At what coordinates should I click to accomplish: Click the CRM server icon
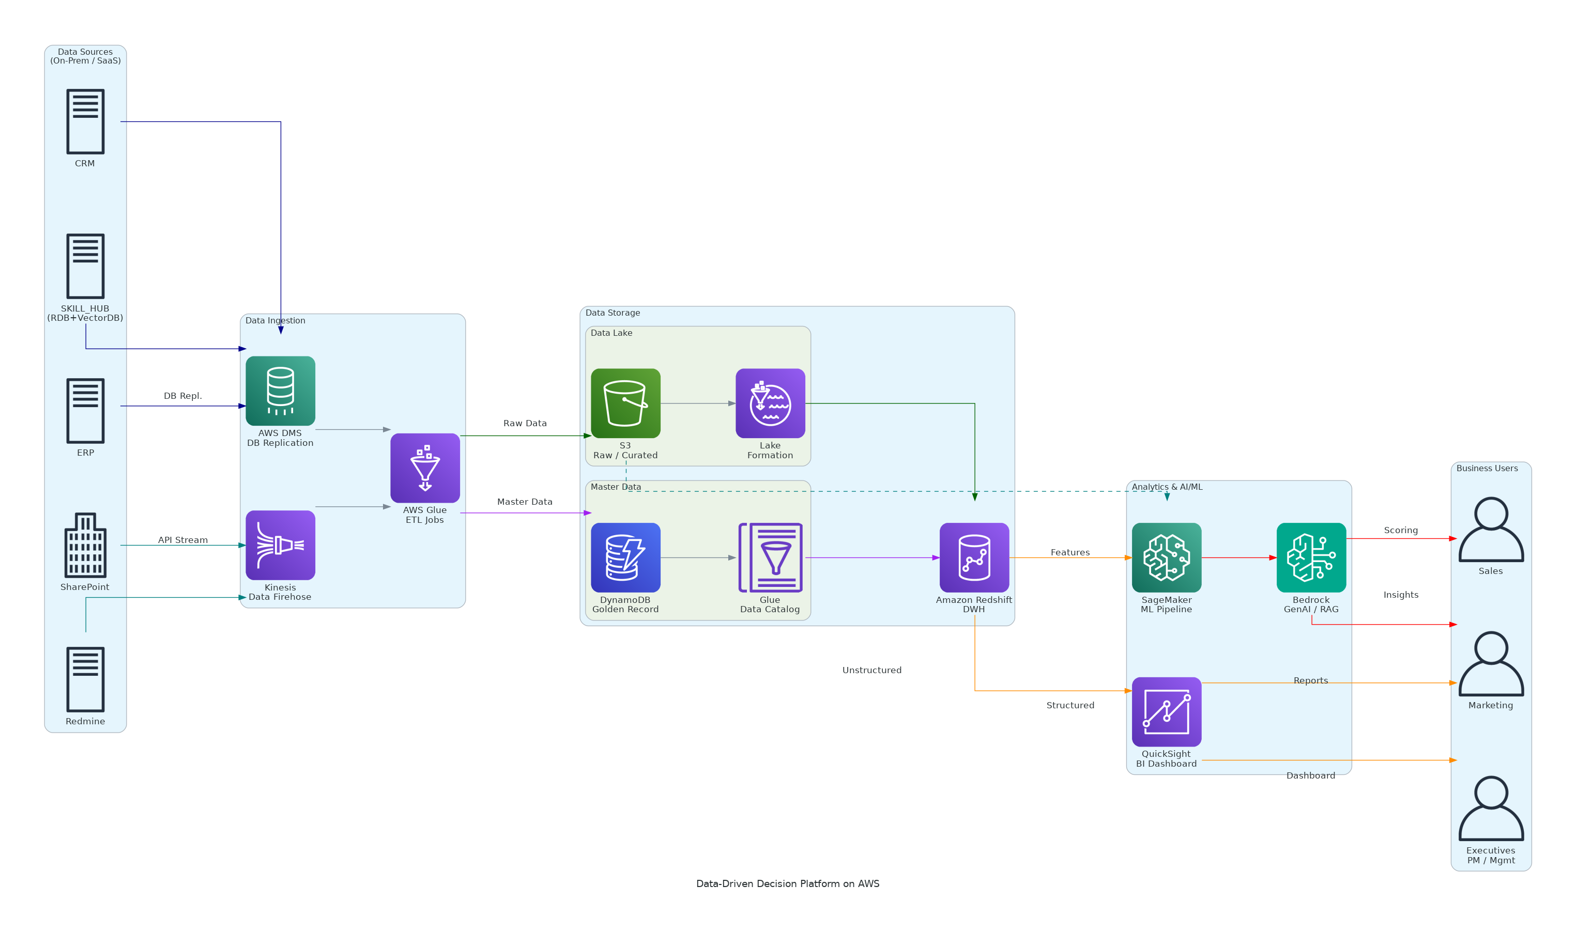85,121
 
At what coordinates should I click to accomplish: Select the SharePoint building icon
85,545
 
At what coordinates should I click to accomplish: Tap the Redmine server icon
85,679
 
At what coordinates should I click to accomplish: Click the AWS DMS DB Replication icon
280,391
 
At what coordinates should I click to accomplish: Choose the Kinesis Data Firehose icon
280,545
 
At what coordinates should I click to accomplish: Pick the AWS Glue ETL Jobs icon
425,468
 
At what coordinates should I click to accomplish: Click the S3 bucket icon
625,403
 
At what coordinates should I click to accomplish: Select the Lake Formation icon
770,403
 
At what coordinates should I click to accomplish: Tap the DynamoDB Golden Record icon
625,557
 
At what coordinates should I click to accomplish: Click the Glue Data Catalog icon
770,557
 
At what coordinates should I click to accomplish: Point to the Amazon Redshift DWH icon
974,557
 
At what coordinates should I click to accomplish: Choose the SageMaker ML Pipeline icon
1166,557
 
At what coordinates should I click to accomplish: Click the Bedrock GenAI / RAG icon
1311,557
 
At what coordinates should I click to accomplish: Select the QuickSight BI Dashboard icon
1166,711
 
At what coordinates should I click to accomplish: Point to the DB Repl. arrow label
183,396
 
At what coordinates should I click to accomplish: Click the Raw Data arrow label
525,423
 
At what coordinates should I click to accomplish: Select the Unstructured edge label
871,670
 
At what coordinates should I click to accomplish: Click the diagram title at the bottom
787,883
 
